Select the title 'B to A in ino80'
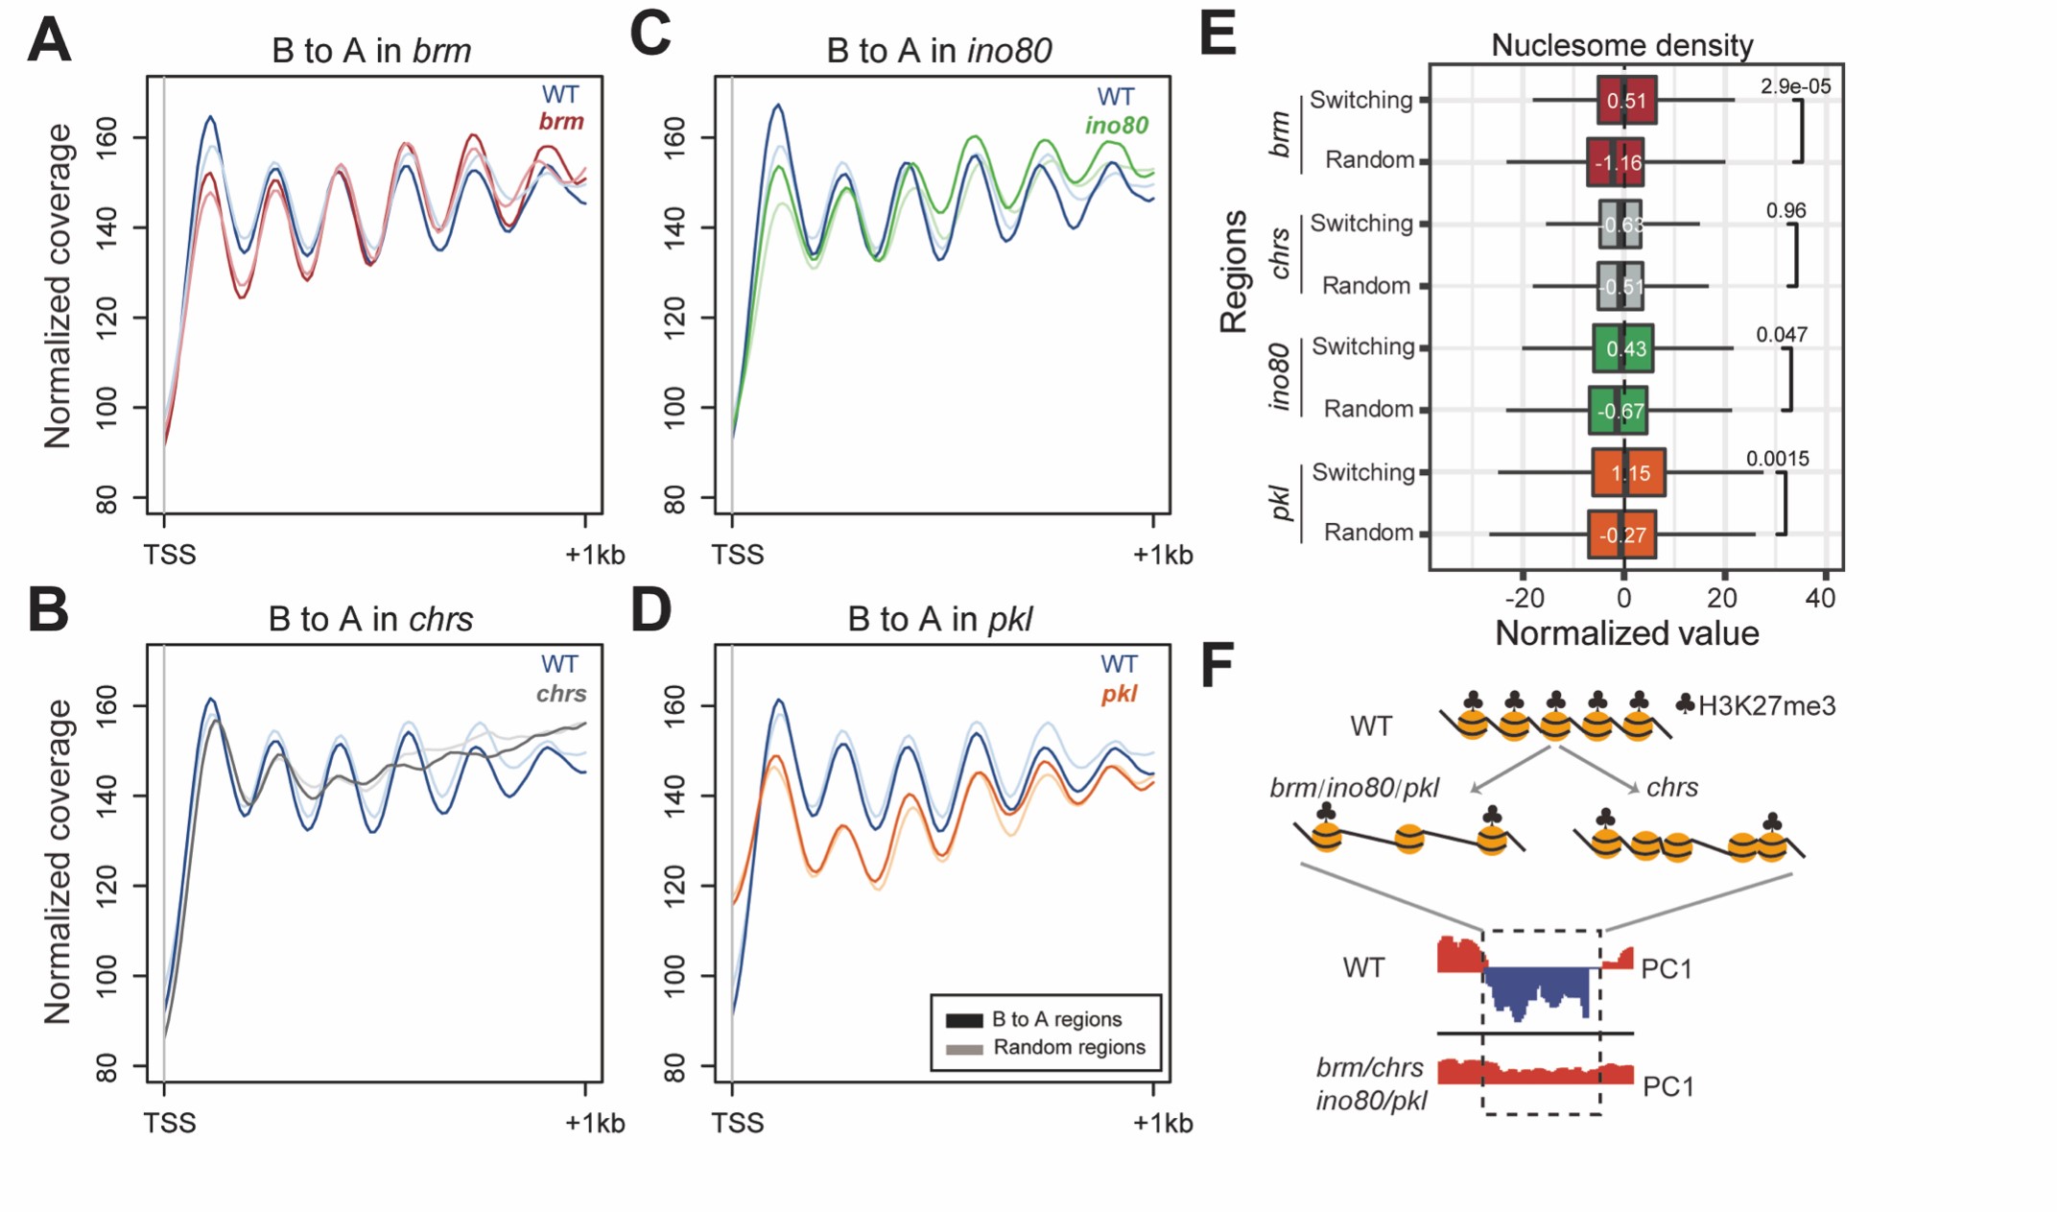[938, 50]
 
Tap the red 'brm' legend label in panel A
[561, 122]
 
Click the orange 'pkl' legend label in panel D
[1119, 694]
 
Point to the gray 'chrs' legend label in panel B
[561, 694]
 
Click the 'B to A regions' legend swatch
[964, 1020]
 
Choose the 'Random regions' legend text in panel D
[1069, 1047]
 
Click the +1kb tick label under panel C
[1162, 555]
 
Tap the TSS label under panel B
[170, 1123]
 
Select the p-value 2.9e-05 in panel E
[1795, 86]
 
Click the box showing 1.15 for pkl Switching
[1628, 472]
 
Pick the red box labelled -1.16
[1616, 162]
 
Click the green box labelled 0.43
[1622, 348]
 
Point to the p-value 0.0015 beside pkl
[1777, 459]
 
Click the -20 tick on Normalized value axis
[1524, 599]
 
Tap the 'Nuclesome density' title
[1621, 45]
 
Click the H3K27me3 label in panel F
[1766, 706]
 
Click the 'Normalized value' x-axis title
[1626, 633]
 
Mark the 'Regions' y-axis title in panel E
[1234, 272]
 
